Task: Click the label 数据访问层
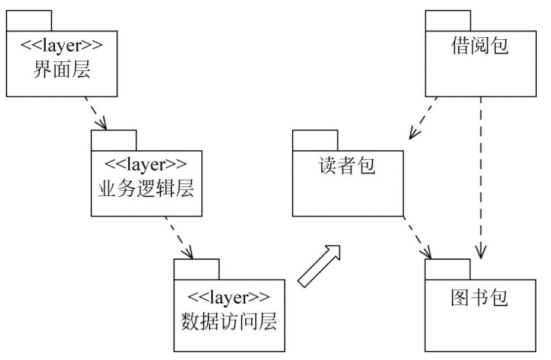[x=229, y=321]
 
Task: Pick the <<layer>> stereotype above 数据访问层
[x=229, y=295]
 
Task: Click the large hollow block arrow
[x=320, y=266]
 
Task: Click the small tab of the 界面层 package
[x=29, y=21]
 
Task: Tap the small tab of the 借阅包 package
[x=448, y=21]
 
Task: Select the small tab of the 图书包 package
[x=448, y=270]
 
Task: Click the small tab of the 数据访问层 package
[x=197, y=270]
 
